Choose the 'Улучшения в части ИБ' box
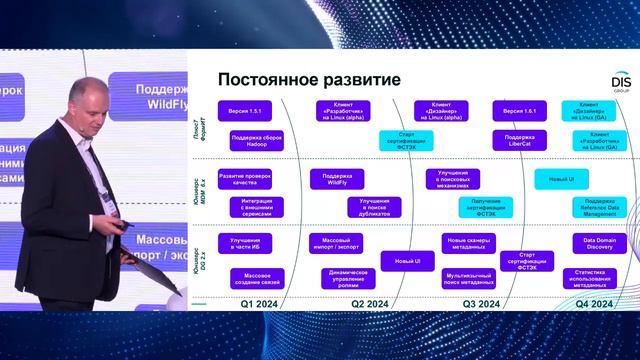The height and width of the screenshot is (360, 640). coord(244,244)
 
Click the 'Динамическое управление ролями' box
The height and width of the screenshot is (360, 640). coord(343,278)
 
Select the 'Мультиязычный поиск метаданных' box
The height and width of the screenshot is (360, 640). coord(469,278)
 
